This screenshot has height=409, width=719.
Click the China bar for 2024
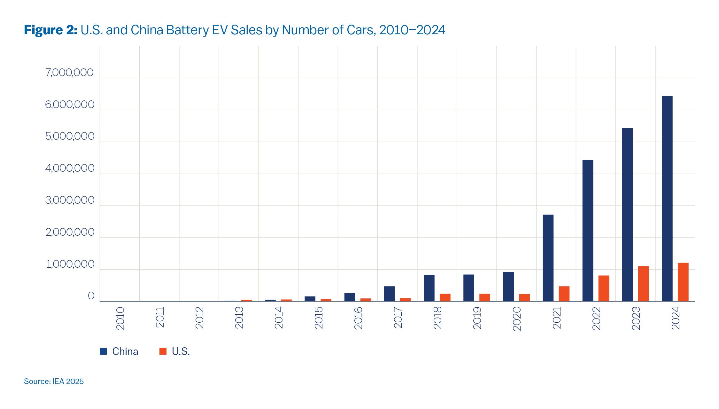tap(667, 199)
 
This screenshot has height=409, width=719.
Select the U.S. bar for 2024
tap(683, 282)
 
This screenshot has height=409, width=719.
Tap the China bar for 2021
tap(548, 258)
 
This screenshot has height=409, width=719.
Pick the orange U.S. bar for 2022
tap(604, 288)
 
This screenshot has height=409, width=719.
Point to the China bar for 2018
tap(429, 288)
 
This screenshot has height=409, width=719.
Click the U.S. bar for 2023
tap(643, 284)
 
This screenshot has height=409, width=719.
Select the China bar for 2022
tap(588, 231)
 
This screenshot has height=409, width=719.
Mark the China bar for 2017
tap(389, 294)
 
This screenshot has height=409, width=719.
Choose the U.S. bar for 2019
tap(484, 297)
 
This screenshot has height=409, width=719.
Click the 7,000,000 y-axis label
tap(69, 73)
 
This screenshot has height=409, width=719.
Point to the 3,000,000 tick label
tap(70, 201)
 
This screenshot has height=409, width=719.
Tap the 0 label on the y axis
tap(91, 296)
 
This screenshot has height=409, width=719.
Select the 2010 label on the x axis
tap(120, 318)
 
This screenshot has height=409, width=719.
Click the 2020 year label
tap(517, 319)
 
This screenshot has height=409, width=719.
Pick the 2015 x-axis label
tap(319, 318)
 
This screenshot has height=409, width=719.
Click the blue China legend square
tap(103, 351)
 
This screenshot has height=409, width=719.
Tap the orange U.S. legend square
tap(163, 351)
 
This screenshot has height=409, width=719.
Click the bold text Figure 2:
tap(50, 30)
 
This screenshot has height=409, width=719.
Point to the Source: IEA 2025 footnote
tap(54, 381)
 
